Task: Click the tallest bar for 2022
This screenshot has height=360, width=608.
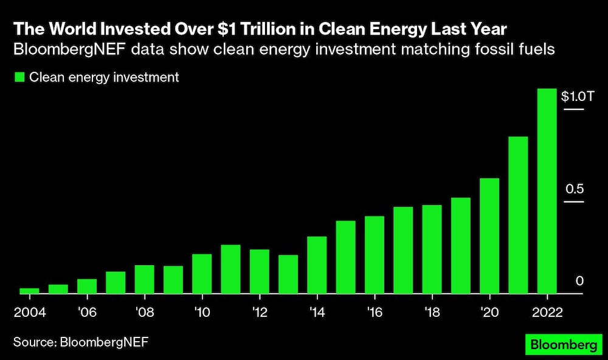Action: tap(547, 191)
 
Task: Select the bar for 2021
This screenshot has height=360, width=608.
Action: tap(518, 215)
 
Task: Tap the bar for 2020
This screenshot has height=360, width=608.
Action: tap(489, 236)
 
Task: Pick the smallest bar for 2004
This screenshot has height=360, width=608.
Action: tap(29, 291)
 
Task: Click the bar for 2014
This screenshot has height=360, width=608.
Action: tap(317, 265)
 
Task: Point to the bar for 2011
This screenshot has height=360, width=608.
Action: tap(230, 269)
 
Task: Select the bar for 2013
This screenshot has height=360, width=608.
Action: tap(288, 274)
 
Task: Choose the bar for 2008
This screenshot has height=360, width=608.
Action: tap(144, 279)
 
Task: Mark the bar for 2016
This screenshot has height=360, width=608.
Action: tap(375, 255)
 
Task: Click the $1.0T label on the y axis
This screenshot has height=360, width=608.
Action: tap(573, 96)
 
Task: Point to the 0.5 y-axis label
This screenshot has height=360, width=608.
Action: tap(574, 189)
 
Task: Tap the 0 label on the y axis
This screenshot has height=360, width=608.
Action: tap(579, 281)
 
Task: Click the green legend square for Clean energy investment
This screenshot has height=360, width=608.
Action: tap(19, 77)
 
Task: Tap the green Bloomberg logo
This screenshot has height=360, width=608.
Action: tap(564, 345)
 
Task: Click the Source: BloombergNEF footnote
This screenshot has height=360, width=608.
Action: tap(81, 342)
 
